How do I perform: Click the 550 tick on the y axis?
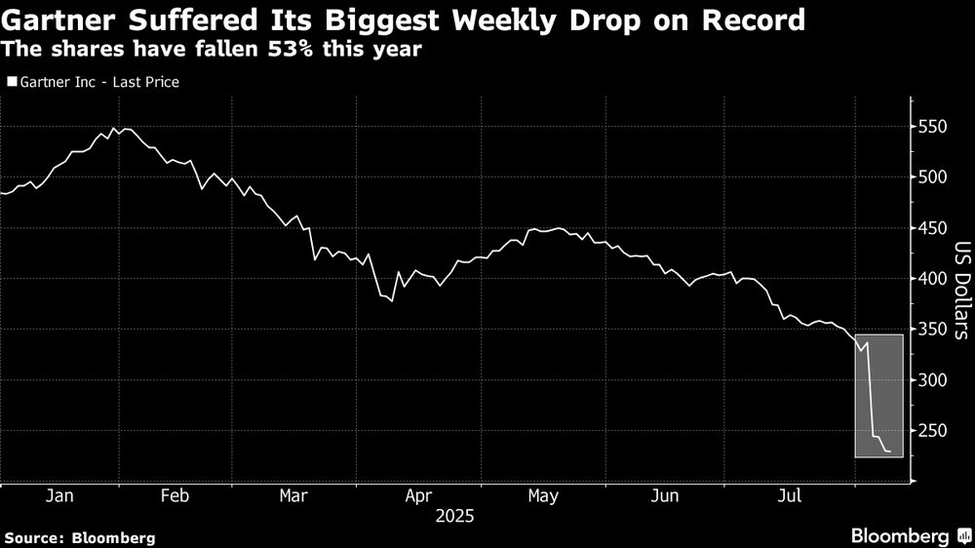tap(933, 127)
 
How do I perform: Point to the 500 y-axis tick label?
tap(933, 177)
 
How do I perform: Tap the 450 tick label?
tap(933, 228)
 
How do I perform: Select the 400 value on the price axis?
tap(933, 279)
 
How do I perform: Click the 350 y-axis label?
tap(933, 330)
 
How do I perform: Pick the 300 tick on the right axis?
tap(933, 380)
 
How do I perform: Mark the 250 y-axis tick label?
tap(933, 431)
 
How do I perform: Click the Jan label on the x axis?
tap(59, 496)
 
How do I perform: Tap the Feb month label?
tap(174, 496)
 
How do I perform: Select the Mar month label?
tap(293, 496)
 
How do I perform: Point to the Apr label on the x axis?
tap(417, 496)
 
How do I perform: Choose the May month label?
tap(543, 496)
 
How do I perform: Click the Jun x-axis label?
tap(665, 496)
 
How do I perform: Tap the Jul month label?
tap(790, 496)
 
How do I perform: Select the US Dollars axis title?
tap(960, 290)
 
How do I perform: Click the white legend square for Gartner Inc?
tap(11, 83)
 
